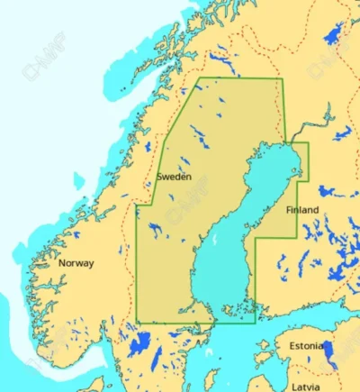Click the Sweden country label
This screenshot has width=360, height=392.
pyautogui.click(x=174, y=178)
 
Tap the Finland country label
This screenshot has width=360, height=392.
pyautogui.click(x=302, y=210)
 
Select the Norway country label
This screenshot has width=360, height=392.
pyautogui.click(x=76, y=264)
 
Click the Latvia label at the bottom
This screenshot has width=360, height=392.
pyautogui.click(x=305, y=385)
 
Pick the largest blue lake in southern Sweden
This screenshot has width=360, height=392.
pyautogui.click(x=139, y=344)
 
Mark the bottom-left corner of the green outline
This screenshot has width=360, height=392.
pyautogui.click(x=137, y=322)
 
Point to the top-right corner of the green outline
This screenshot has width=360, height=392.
pyautogui.click(x=281, y=79)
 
